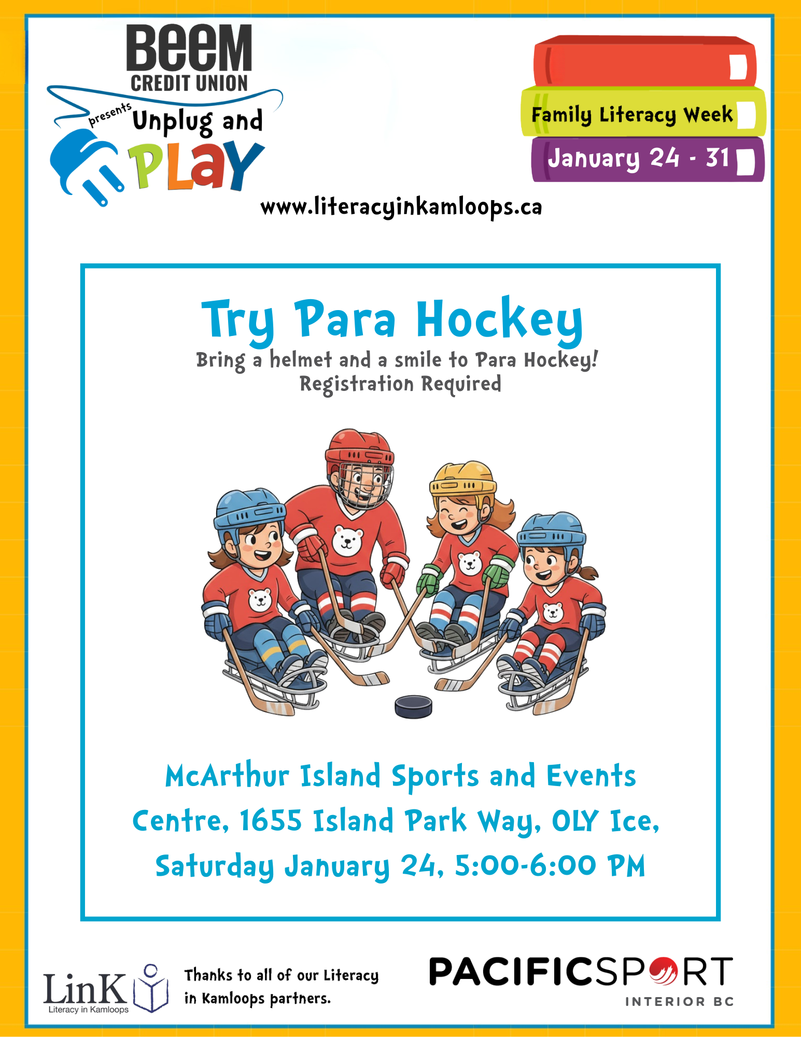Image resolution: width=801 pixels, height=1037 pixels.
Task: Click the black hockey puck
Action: tap(413, 706)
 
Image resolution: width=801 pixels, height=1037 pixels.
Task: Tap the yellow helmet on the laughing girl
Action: tap(462, 478)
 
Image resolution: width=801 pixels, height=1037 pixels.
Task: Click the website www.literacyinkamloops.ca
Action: tap(401, 207)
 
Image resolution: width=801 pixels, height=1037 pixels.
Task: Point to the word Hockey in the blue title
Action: tap(500, 320)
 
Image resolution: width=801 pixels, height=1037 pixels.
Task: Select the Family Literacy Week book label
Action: tap(632, 115)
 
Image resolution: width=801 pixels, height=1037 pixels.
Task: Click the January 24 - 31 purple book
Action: tap(648, 159)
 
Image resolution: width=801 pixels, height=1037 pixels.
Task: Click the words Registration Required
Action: tap(400, 384)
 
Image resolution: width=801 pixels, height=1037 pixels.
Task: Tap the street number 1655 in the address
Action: tap(271, 821)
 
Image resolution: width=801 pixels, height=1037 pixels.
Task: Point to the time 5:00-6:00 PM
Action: tap(550, 865)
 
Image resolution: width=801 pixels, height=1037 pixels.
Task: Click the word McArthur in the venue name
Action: tap(227, 776)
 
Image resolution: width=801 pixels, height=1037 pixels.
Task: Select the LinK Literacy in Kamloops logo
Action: tap(105, 989)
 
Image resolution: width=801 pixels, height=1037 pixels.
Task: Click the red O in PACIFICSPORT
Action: tap(662, 971)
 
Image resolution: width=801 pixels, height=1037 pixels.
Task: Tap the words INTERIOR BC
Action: tap(680, 1002)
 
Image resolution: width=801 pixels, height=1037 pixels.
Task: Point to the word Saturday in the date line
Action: tap(215, 866)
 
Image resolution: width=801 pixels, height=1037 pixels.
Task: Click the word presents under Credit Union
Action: tap(110, 114)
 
